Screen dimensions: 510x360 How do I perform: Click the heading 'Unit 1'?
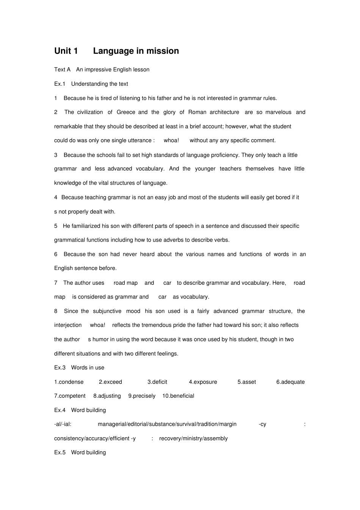pos(66,51)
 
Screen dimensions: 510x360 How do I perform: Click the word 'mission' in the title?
pos(163,51)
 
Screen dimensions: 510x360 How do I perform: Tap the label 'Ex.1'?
pos(59,84)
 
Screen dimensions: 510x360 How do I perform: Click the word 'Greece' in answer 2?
pos(126,112)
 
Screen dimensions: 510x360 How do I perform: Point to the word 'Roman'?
pos(197,112)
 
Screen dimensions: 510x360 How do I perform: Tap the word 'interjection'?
pos(68,325)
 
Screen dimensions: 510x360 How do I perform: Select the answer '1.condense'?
pos(69,382)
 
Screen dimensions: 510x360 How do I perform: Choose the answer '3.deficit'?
pos(157,382)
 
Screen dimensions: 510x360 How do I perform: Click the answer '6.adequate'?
pos(290,382)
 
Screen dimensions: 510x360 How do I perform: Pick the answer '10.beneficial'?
pos(178,396)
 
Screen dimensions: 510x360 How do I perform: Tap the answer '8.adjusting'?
pos(107,396)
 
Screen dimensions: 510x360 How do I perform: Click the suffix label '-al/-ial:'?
pos(63,424)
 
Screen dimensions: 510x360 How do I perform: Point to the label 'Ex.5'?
pos(59,452)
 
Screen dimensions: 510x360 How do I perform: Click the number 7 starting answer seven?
pos(56,283)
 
